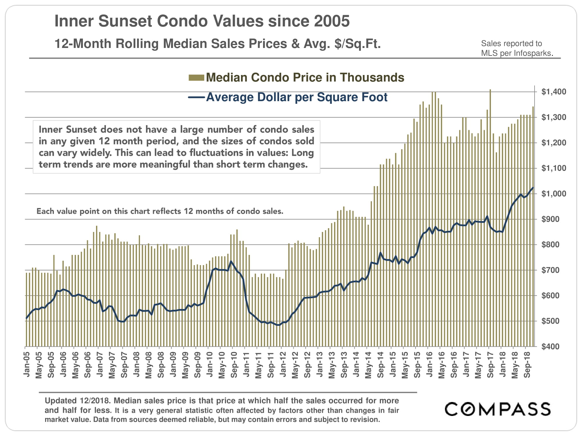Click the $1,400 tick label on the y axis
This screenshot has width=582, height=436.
point(553,92)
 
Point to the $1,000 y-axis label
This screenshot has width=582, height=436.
point(553,194)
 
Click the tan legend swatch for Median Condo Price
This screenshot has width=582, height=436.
point(196,78)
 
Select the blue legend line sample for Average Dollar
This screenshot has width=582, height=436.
point(196,97)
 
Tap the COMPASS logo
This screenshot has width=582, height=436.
point(497,409)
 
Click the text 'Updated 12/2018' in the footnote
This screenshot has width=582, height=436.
point(77,401)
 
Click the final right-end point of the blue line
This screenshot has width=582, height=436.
point(533,187)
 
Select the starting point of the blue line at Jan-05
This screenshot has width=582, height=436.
point(26,318)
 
